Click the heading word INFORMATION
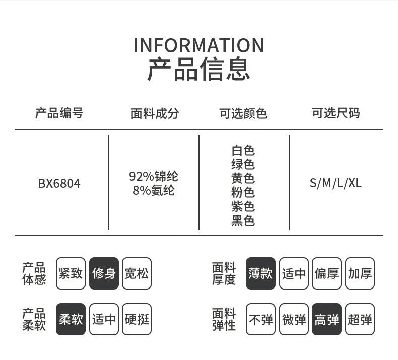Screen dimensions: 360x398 click(198, 45)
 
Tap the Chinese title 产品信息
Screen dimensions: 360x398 click(198, 69)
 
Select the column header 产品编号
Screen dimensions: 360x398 click(59, 113)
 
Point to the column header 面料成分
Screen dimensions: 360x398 click(155, 113)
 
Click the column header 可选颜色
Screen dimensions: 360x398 click(243, 113)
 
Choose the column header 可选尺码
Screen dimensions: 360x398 click(336, 113)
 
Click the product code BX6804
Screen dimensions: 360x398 click(59, 183)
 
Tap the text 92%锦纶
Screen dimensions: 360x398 click(154, 176)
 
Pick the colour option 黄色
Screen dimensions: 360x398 click(243, 178)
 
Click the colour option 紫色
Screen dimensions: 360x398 click(243, 206)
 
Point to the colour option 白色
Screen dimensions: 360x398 click(243, 150)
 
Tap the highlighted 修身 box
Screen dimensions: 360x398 click(104, 273)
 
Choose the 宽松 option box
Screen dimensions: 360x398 click(137, 273)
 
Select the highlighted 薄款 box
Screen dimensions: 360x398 click(260, 273)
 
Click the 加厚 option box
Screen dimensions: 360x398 click(360, 273)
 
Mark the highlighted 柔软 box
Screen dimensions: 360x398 click(71, 319)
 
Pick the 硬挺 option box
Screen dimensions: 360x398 click(137, 319)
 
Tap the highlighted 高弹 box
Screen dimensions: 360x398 click(326, 319)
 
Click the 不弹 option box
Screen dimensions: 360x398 click(260, 319)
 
